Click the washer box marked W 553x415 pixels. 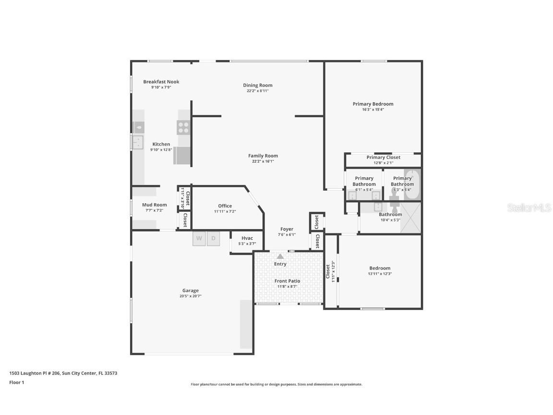tap(199, 239)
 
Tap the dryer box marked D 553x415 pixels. tap(214, 239)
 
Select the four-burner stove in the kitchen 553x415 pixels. tap(183, 127)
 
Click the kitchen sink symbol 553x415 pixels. tap(138, 143)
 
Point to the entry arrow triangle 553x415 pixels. tap(280, 256)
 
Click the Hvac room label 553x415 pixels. tap(247, 238)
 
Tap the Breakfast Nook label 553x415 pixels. tap(161, 82)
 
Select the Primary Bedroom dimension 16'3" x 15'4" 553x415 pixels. tap(373, 110)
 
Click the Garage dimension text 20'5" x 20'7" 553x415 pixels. tap(191, 296)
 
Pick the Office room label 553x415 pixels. tap(225, 206)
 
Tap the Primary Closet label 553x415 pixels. tap(383, 157)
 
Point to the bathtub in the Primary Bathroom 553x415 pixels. tap(412, 185)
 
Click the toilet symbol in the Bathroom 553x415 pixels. tap(394, 206)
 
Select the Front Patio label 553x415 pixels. tap(287, 281)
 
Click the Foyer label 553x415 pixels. tap(287, 229)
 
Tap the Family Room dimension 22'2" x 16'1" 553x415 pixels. tap(263, 161)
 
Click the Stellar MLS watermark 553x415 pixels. tap(530, 208)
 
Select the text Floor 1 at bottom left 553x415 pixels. tap(17, 382)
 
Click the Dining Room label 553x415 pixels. tap(257, 85)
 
